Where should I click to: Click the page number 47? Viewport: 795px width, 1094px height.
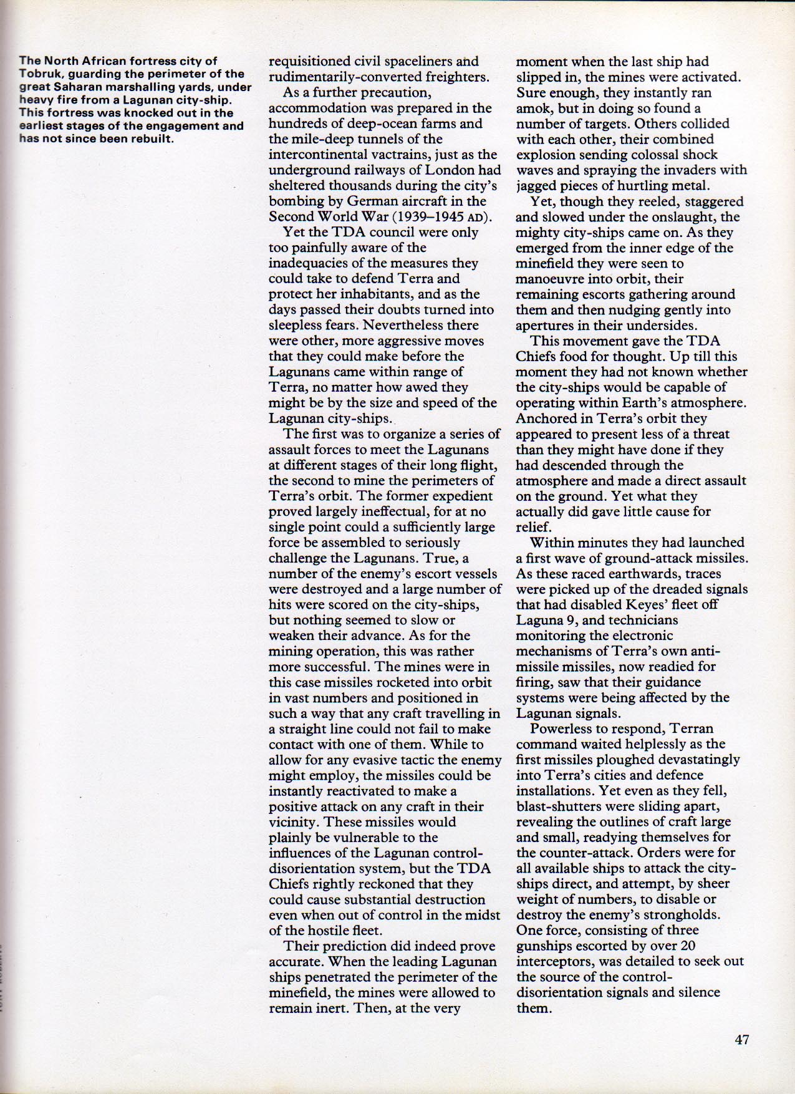click(741, 1040)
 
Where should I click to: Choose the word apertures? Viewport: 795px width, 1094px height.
click(542, 326)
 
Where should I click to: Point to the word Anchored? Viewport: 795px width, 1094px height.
click(546, 419)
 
